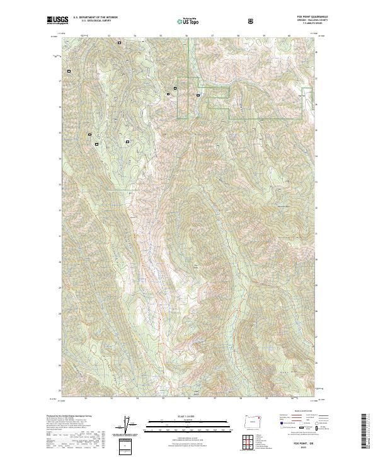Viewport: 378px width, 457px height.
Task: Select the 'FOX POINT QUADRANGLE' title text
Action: pyautogui.click(x=307, y=18)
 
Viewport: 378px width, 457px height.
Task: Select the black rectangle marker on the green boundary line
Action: pyautogui.click(x=198, y=95)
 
